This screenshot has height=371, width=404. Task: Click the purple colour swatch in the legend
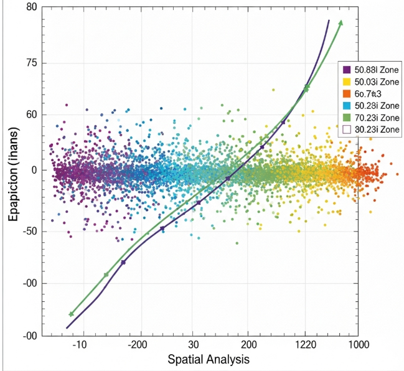pyautogui.click(x=347, y=70)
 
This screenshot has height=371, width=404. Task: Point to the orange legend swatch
pyautogui.click(x=347, y=94)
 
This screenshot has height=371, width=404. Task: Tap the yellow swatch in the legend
pyautogui.click(x=347, y=82)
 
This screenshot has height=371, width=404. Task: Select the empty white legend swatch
pyautogui.click(x=347, y=129)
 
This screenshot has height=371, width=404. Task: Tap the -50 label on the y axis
pyautogui.click(x=27, y=232)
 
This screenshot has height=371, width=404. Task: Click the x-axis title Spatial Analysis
pyautogui.click(x=209, y=360)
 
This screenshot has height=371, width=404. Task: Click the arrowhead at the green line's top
pyautogui.click(x=340, y=22)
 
